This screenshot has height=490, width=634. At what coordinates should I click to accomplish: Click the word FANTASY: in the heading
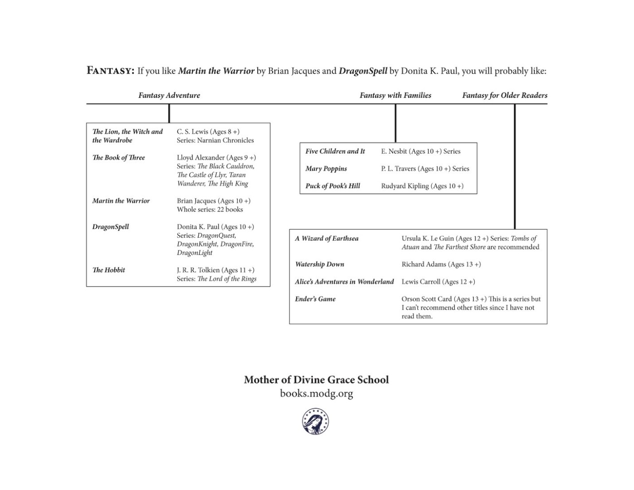click(x=110, y=71)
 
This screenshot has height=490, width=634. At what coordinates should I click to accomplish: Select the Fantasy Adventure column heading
click(x=169, y=95)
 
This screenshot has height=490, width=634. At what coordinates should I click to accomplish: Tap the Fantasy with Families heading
click(x=395, y=95)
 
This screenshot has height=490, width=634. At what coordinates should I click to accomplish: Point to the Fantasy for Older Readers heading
click(x=505, y=95)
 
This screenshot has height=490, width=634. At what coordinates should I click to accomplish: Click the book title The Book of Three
click(x=119, y=157)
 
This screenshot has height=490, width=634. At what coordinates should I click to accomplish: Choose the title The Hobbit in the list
click(x=109, y=270)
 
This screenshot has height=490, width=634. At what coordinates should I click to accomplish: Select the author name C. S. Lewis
click(x=192, y=132)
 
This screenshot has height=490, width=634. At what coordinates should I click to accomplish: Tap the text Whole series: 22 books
click(x=210, y=210)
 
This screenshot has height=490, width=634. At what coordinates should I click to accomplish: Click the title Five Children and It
click(x=335, y=151)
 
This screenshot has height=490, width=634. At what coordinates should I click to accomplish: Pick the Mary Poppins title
click(x=326, y=168)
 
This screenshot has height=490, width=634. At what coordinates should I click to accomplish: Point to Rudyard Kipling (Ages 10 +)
click(x=422, y=186)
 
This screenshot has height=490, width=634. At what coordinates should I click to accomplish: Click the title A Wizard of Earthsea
click(x=327, y=238)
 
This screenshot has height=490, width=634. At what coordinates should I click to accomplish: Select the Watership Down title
click(x=320, y=264)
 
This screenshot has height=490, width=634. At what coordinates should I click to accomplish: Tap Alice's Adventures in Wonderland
click(x=344, y=282)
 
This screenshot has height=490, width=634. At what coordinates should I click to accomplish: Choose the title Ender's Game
click(x=315, y=299)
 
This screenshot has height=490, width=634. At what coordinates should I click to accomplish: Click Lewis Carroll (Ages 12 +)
click(x=438, y=282)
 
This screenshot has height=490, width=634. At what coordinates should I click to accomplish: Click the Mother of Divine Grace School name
click(x=317, y=380)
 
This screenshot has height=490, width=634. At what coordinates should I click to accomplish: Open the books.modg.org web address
click(x=317, y=393)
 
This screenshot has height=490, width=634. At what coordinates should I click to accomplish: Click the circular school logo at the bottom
click(x=316, y=421)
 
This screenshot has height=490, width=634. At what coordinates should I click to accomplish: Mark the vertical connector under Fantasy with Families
click(x=395, y=123)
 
